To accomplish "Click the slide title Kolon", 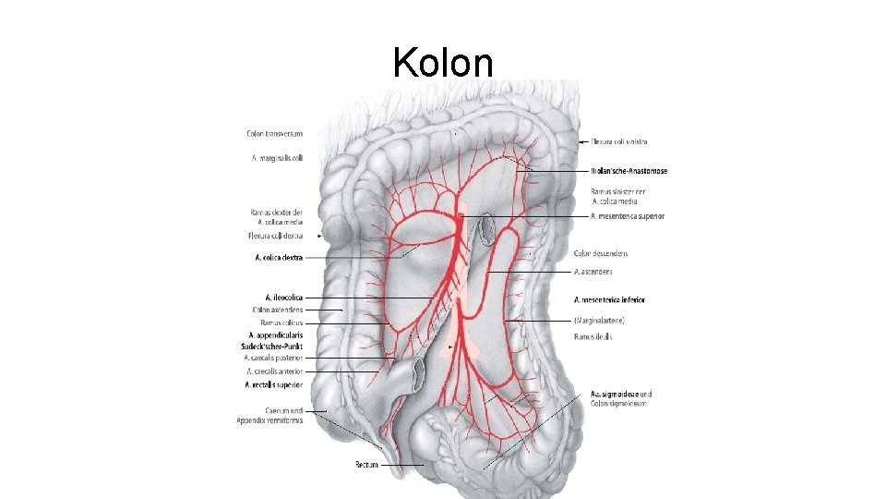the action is click(x=443, y=62).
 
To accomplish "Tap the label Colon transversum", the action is click(x=275, y=134).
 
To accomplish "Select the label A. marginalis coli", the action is click(x=277, y=158).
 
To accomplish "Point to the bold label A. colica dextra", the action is click(x=279, y=258).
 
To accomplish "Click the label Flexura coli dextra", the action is click(x=277, y=236).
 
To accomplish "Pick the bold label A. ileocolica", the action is click(x=283, y=297).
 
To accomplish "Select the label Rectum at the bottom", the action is click(x=367, y=464).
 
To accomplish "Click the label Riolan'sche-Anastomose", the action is click(x=629, y=171).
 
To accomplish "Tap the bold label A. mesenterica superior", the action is click(x=627, y=215).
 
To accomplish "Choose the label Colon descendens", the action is click(x=601, y=253).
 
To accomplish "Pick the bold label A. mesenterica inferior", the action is click(x=609, y=299).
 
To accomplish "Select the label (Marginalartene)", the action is click(x=599, y=320).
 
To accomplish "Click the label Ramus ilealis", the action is click(x=593, y=336).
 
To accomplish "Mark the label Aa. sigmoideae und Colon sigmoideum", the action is click(x=620, y=398).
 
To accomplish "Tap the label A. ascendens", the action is click(x=593, y=272).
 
